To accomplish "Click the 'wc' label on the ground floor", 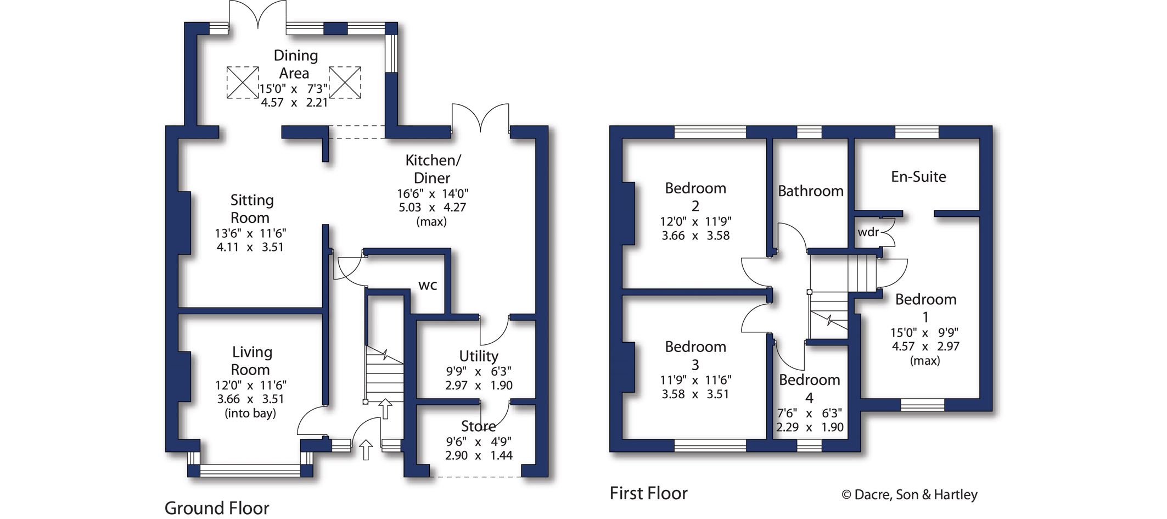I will [428, 286].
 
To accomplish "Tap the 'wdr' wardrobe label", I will [868, 232].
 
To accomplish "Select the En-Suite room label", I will [918, 177].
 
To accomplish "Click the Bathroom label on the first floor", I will [810, 191].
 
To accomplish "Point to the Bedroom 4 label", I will [809, 388].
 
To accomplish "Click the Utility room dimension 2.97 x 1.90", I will [479, 386].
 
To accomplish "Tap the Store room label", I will [478, 426].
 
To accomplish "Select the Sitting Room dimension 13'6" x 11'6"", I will [250, 233].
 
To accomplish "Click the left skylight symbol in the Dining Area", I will [243, 83].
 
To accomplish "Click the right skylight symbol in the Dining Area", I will [345, 83].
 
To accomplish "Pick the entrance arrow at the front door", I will [366, 450].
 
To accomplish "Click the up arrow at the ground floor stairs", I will [385, 409].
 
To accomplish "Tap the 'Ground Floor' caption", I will [217, 508].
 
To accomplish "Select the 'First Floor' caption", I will [648, 493].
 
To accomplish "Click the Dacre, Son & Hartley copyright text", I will [909, 495].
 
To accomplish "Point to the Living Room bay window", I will [250, 470].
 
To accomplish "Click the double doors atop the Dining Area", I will [257, 14].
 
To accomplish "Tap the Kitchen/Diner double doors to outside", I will [480, 117].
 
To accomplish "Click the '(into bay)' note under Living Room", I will [250, 414].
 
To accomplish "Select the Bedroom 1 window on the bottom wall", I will [922, 405].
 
